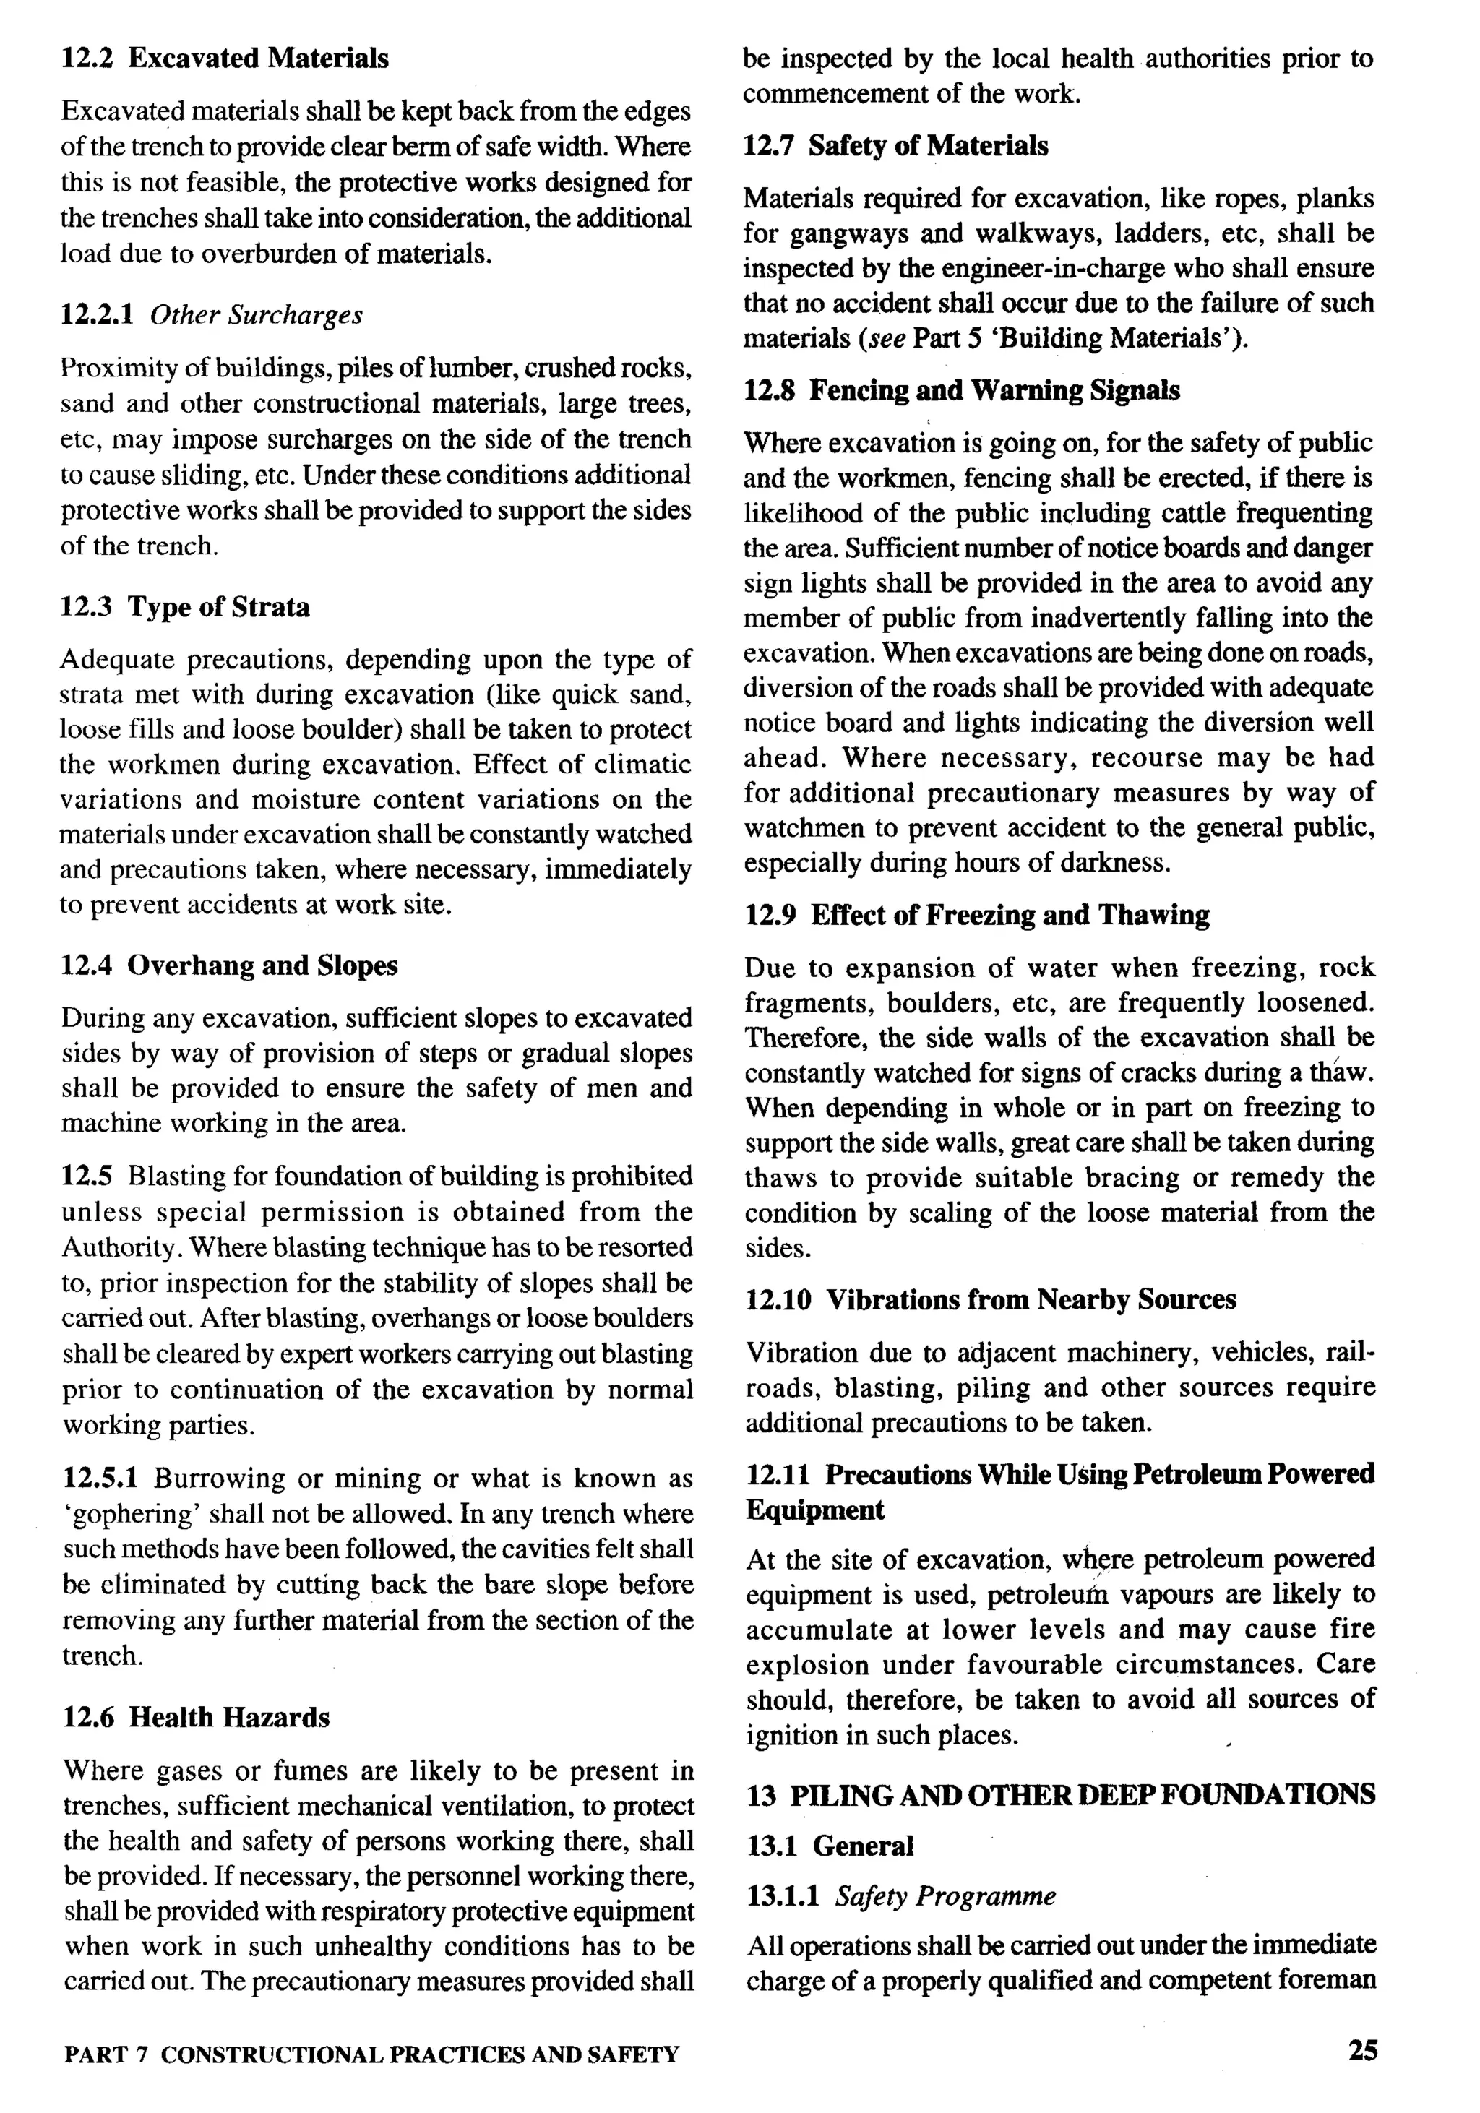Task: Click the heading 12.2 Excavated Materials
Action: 225,59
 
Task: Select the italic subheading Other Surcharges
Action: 256,316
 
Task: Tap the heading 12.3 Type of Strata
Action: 185,608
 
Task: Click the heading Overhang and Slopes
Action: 262,965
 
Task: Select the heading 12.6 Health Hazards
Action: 196,1717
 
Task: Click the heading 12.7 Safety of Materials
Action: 895,146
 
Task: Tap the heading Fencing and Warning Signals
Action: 994,390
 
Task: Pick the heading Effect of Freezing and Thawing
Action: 1010,915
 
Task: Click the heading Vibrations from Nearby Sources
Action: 1031,1299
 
